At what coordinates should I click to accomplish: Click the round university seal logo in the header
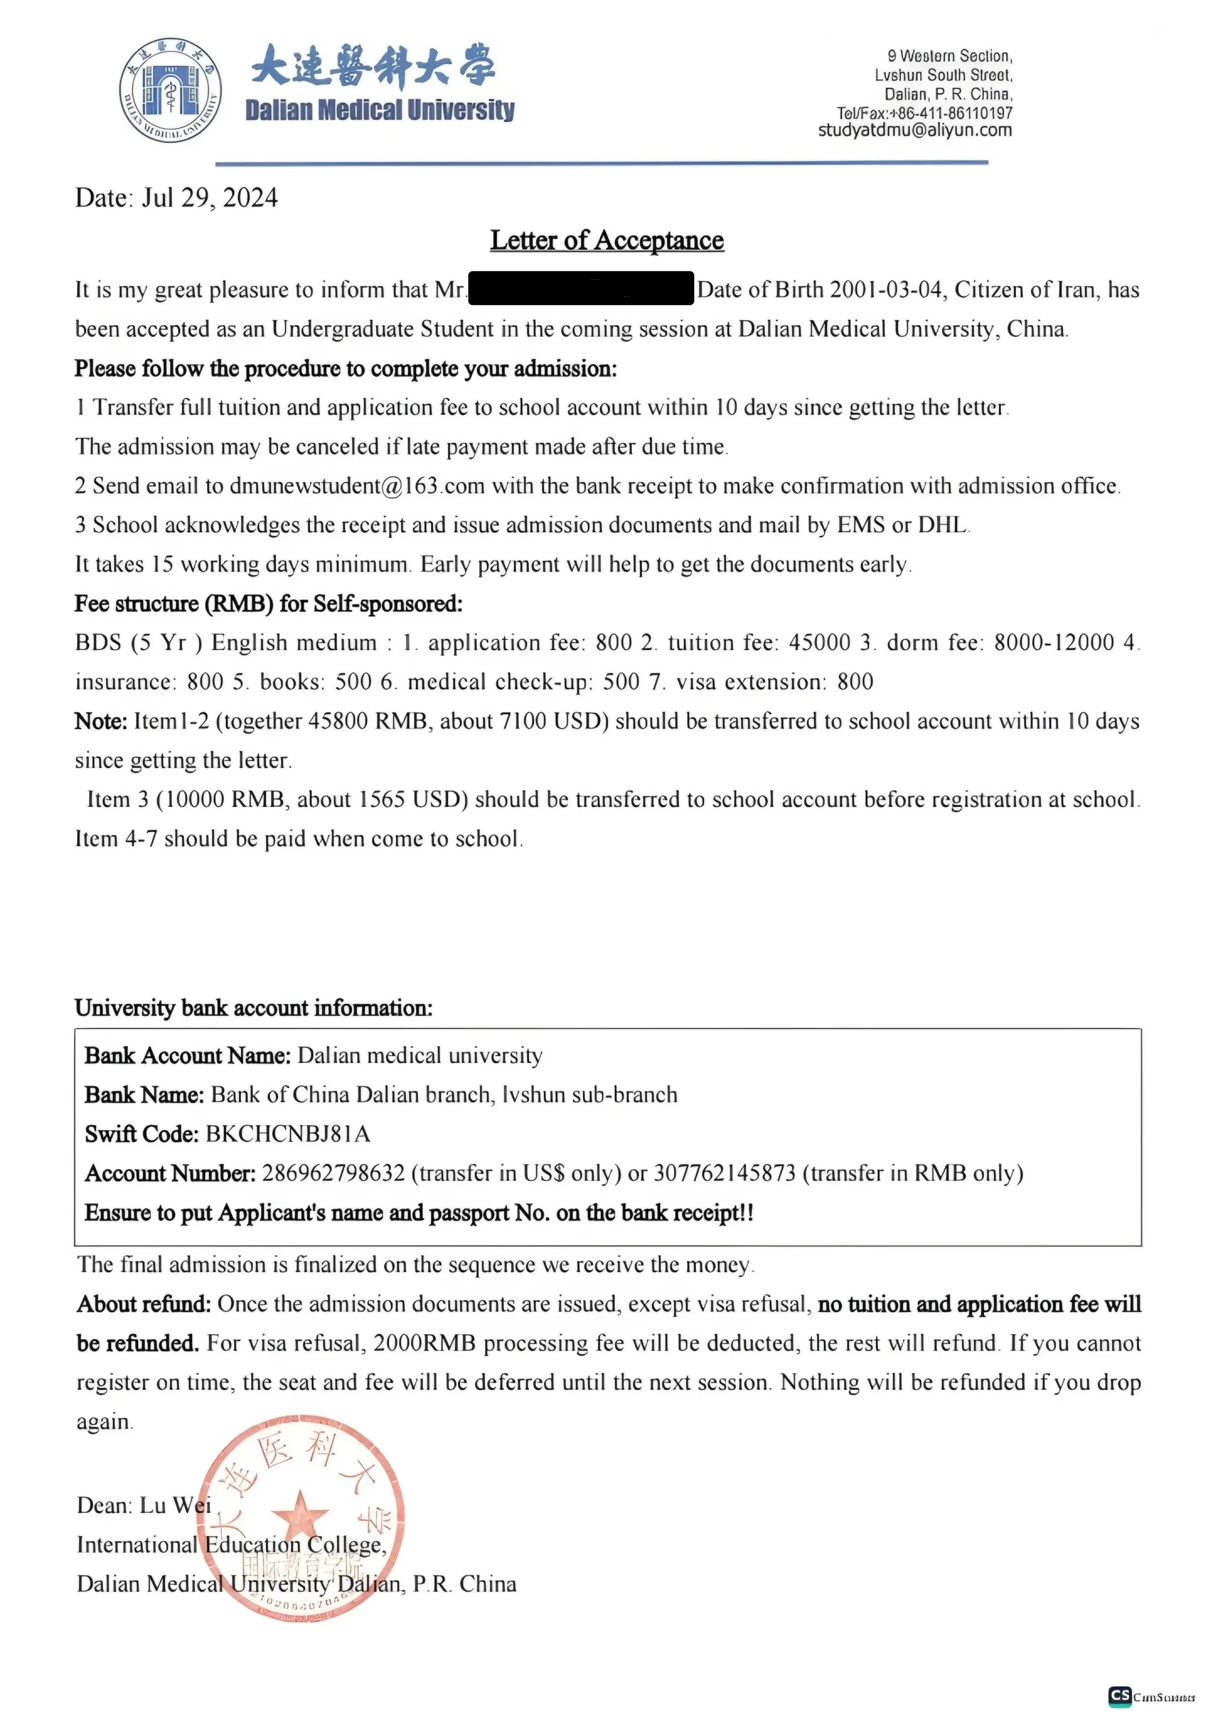pos(170,91)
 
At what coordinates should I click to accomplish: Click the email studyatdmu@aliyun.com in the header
pos(914,131)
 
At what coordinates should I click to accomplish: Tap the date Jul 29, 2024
pos(209,198)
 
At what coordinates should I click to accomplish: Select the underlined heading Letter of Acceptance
pos(606,240)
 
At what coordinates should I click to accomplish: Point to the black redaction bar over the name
pos(581,289)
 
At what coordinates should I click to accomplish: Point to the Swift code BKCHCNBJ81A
pos(288,1135)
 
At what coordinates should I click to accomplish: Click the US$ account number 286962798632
pos(333,1173)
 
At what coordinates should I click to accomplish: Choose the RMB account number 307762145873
pos(724,1173)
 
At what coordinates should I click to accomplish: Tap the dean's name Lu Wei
pos(176,1505)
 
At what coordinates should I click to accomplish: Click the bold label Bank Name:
pos(144,1095)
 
